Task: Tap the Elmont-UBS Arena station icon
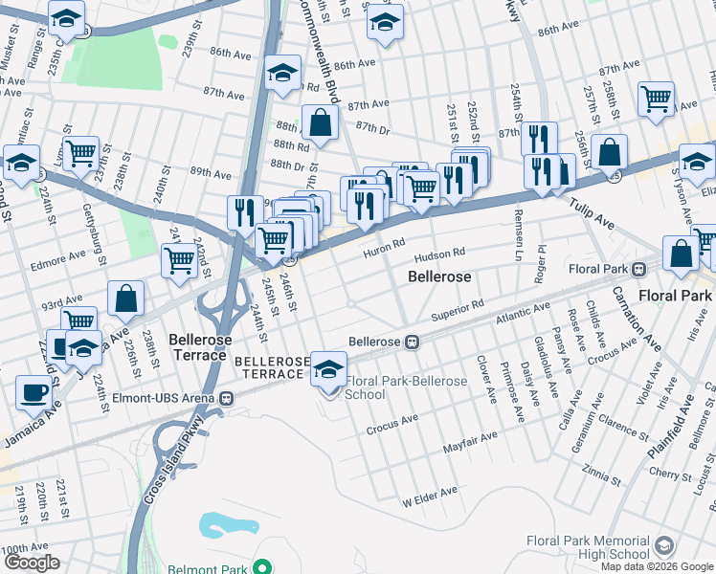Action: click(227, 398)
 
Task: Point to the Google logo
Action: click(32, 563)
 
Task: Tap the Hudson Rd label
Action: click(440, 256)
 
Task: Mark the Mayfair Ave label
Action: click(470, 442)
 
